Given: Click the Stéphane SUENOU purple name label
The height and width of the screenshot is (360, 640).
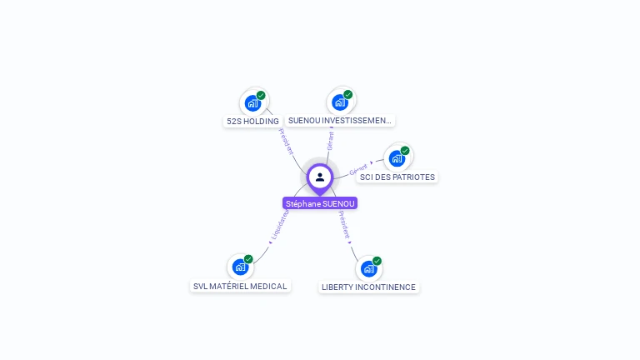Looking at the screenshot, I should click(320, 203).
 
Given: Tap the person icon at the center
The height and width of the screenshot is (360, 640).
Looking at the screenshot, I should click(320, 177).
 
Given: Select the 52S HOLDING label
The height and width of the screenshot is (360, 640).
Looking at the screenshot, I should click(252, 122).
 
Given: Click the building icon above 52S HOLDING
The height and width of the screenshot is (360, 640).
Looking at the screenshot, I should click(252, 103).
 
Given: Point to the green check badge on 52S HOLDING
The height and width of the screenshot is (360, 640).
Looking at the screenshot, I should click(261, 96).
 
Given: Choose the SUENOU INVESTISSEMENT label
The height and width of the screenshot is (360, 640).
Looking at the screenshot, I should click(339, 121).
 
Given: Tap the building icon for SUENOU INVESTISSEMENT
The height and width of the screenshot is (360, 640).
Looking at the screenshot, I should click(339, 102).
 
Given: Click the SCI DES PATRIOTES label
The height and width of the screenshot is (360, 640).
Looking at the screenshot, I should click(397, 177).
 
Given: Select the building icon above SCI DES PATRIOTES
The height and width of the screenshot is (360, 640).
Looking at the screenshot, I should click(397, 158).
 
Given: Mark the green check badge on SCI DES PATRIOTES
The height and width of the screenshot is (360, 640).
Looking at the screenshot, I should click(405, 151).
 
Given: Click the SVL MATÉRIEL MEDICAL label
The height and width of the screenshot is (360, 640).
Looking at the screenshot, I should click(240, 286).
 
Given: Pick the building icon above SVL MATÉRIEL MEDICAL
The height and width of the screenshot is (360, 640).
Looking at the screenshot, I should click(240, 267).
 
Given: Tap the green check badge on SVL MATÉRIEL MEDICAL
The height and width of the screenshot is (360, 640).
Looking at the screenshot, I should click(248, 259).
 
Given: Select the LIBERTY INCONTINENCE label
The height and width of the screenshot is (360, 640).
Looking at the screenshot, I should click(369, 287).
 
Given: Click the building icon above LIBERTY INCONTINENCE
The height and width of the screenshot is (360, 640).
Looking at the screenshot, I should click(368, 268).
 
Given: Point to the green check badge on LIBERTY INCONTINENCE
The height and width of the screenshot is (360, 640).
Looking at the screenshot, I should click(377, 261).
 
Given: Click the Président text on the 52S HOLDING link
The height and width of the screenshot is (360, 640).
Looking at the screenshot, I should click(286, 141).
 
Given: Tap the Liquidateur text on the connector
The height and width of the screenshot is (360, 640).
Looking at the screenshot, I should click(280, 225).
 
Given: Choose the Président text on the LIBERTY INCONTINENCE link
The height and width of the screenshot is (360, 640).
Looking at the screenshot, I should click(344, 224).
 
